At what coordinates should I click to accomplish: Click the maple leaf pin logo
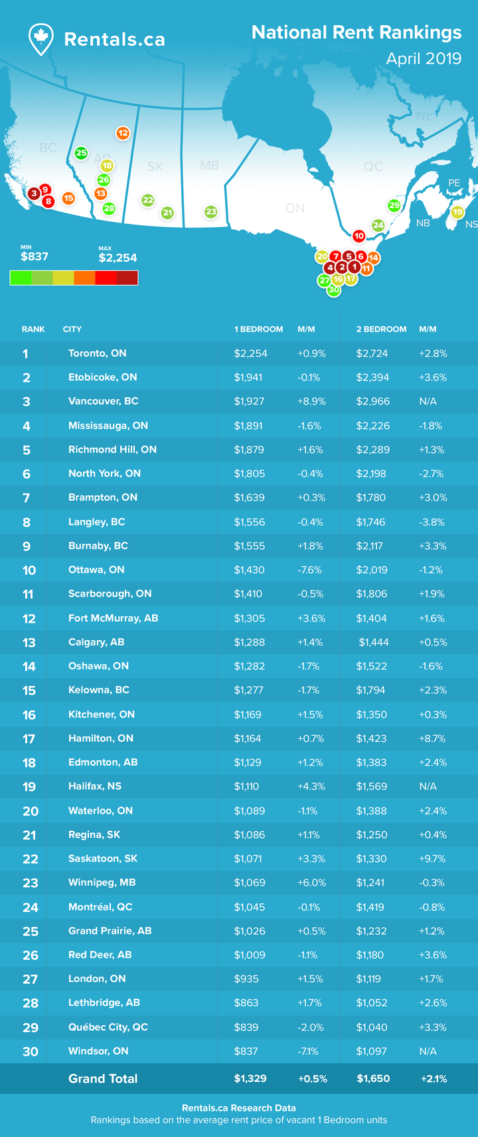[41, 39]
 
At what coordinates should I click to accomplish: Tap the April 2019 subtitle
[424, 58]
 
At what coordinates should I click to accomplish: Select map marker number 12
[123, 133]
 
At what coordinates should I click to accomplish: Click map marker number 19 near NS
[457, 213]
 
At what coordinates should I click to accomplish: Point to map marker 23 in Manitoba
[210, 212]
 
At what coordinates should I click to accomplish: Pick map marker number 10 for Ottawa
[358, 236]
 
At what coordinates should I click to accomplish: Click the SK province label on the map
[155, 167]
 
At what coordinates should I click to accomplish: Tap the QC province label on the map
[372, 167]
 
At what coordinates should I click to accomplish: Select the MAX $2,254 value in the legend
[118, 258]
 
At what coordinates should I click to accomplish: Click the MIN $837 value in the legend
[35, 256]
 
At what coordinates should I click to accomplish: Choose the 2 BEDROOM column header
[381, 329]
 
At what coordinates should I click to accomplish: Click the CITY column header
[72, 329]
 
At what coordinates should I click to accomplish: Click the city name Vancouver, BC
[103, 401]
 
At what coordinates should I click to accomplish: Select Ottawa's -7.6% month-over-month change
[310, 570]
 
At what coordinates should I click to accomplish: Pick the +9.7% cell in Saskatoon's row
[432, 859]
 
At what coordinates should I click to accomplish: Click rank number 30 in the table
[30, 1051]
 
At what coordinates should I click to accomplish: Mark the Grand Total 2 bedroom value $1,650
[373, 1079]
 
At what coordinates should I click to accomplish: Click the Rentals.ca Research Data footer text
[239, 1108]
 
